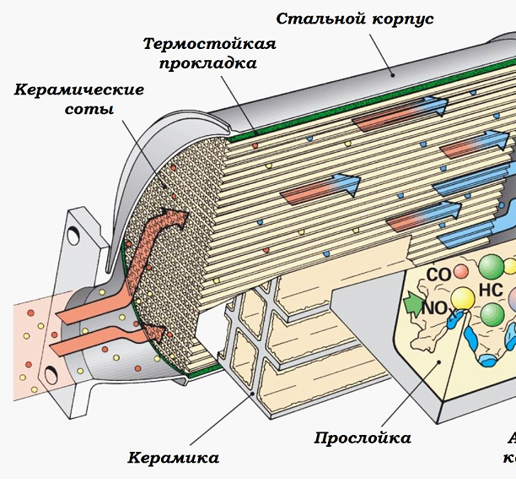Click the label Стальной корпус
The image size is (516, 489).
(355, 18)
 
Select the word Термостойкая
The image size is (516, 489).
(210, 44)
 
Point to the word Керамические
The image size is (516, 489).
(79, 90)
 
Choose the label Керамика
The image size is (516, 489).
(174, 458)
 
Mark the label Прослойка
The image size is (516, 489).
(363, 437)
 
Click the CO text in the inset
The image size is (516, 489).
(439, 274)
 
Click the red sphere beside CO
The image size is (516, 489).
(461, 272)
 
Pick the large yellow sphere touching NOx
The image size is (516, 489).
(462, 298)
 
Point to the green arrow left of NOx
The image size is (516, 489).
(412, 301)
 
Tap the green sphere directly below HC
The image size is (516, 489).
(493, 315)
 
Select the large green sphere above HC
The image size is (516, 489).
(492, 264)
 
